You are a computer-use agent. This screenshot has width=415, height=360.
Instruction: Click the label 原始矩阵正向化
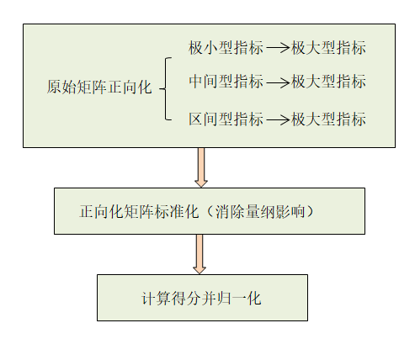(99, 87)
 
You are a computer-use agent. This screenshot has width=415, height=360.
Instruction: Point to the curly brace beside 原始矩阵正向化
(166, 87)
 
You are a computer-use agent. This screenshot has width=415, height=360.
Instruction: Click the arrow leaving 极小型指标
(277, 48)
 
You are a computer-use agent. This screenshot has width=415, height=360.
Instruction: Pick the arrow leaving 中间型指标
(277, 82)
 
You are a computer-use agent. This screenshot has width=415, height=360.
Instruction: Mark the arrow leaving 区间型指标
(277, 119)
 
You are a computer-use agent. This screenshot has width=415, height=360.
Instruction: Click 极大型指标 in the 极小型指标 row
(328, 48)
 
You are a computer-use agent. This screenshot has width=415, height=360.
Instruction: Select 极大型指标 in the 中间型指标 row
(328, 82)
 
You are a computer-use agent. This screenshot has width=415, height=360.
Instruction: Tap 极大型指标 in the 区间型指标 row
(328, 119)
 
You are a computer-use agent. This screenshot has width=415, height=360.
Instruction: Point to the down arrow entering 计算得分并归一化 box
(200, 253)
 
